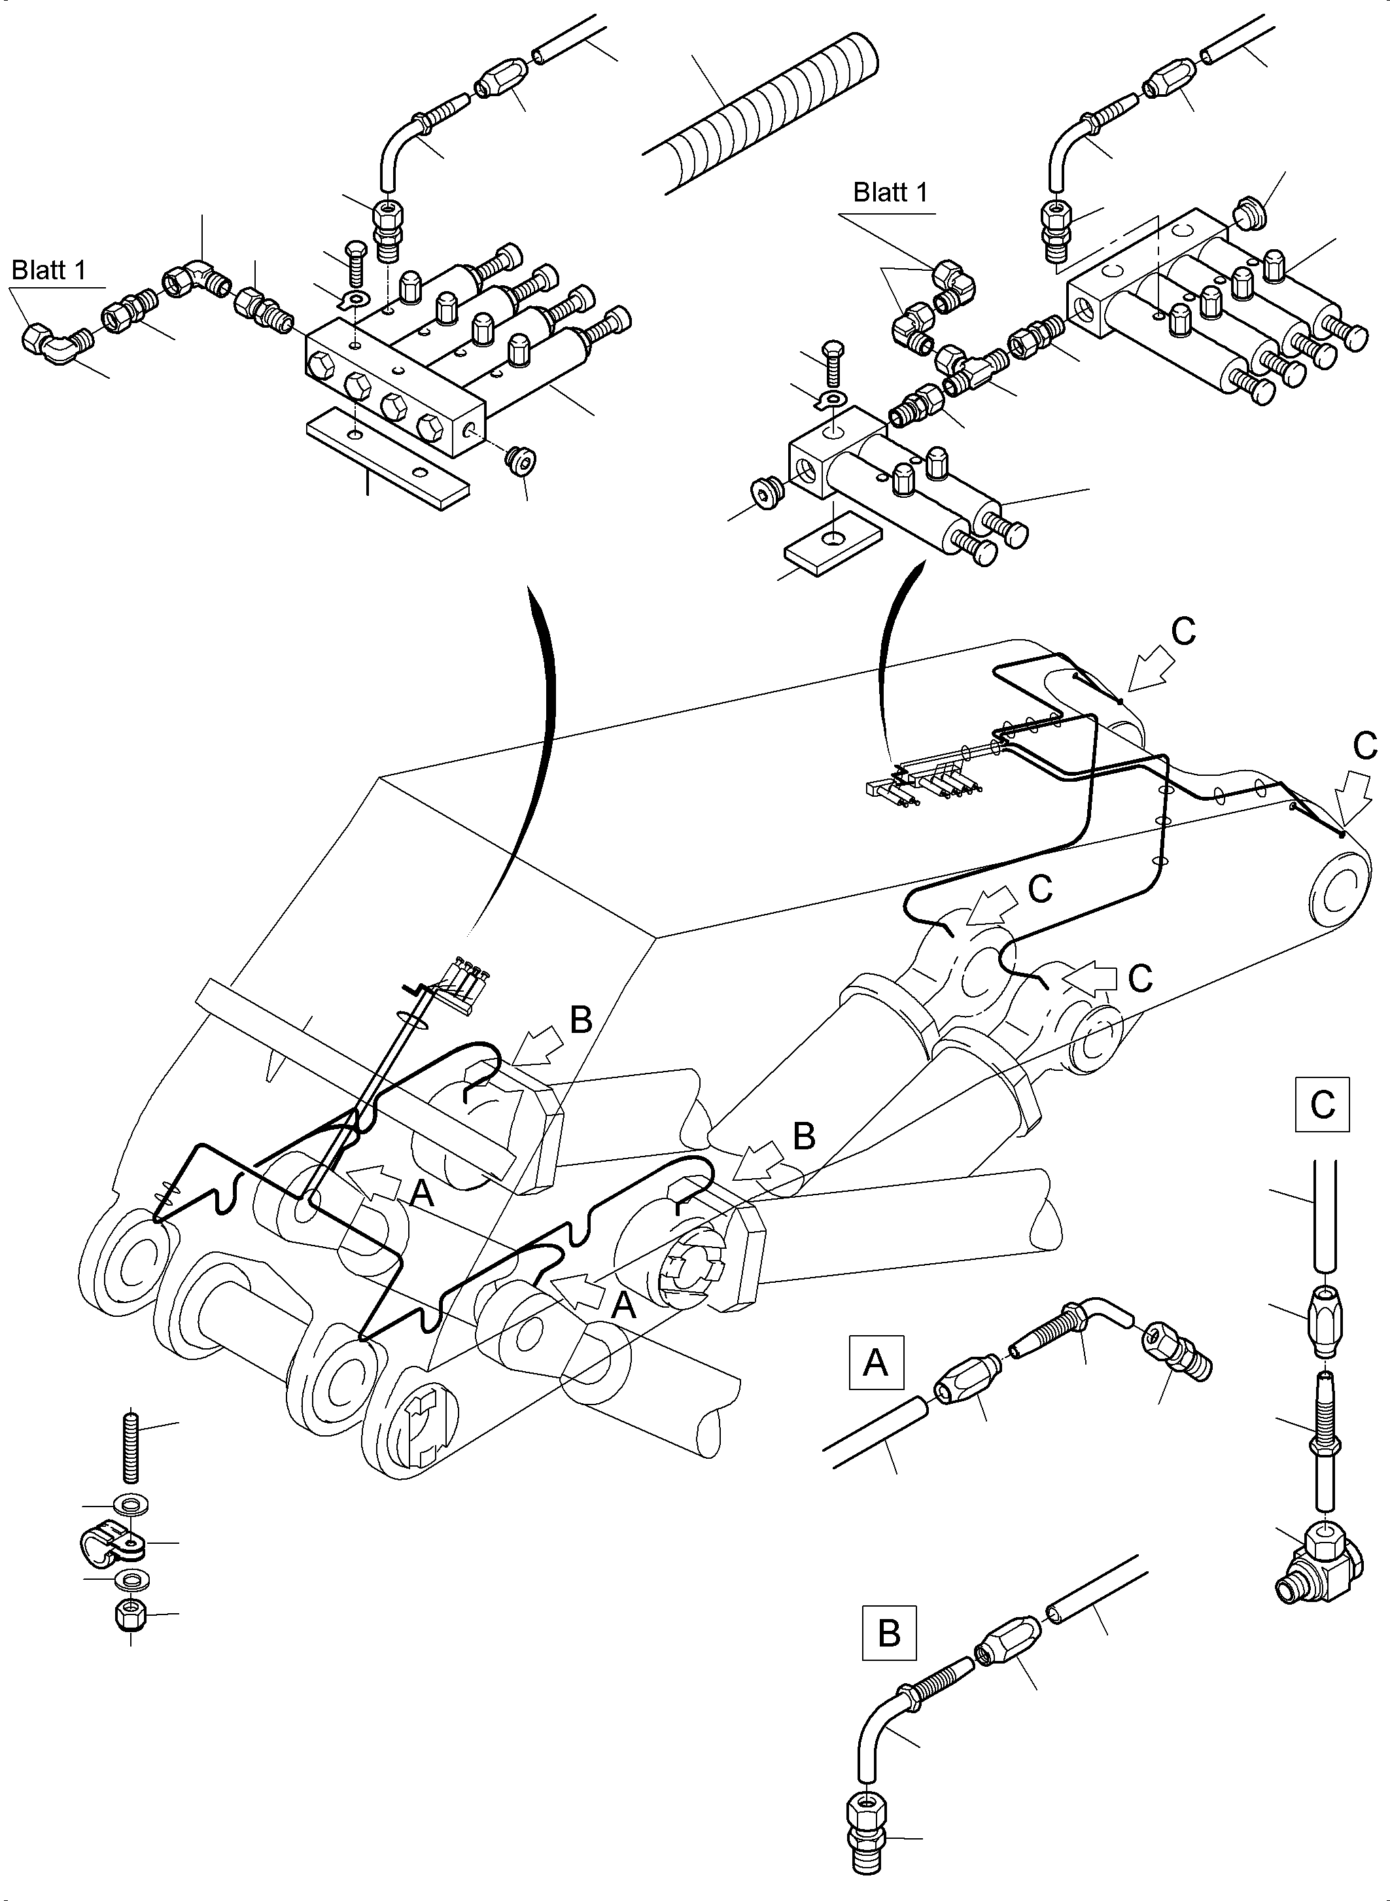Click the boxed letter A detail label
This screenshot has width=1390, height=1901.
(876, 1361)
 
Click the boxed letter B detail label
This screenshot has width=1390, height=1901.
(888, 1633)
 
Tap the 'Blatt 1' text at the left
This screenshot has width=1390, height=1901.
(49, 270)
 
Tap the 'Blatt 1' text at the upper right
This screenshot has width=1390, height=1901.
(890, 193)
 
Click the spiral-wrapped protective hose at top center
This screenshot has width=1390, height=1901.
(761, 114)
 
